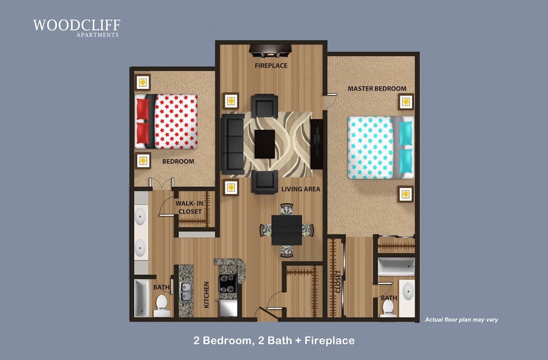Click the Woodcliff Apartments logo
tap(77, 28)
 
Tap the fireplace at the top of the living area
tap(270, 51)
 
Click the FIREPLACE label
tap(271, 66)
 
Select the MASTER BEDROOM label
tap(377, 89)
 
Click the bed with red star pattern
tap(166, 122)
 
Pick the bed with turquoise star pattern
tap(381, 147)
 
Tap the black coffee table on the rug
tap(265, 144)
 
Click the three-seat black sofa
tap(232, 144)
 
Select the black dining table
tap(286, 230)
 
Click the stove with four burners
tap(228, 284)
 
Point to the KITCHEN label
tap(206, 295)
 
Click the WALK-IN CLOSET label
tap(190, 207)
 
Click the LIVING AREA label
tap(300, 189)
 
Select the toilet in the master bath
tap(388, 308)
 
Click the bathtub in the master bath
tap(396, 266)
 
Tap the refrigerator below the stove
tap(228, 308)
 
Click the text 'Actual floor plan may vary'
tap(461, 320)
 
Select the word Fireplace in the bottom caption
tap(330, 341)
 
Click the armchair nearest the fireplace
tap(264, 106)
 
